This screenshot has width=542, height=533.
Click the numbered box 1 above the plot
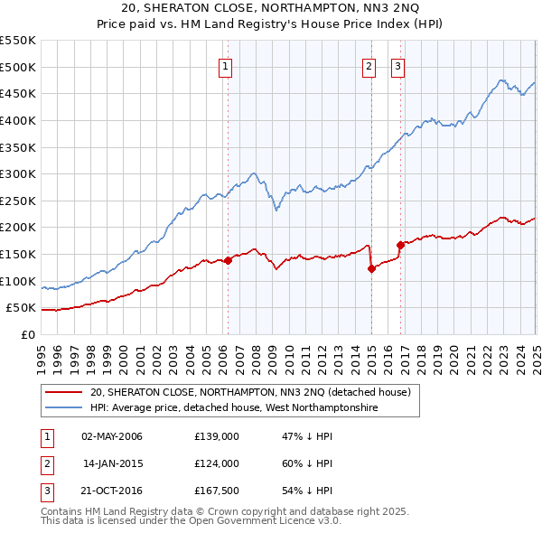click(224, 65)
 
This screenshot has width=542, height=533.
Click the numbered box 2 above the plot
click(369, 65)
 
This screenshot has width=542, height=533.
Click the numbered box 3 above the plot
click(397, 65)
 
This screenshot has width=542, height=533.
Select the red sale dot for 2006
click(228, 260)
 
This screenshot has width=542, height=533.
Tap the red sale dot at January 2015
click(371, 267)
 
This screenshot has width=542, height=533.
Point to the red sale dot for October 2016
click(400, 244)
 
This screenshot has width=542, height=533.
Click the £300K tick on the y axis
click(19, 173)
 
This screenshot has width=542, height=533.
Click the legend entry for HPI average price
click(234, 408)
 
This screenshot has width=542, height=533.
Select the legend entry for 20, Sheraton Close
click(250, 392)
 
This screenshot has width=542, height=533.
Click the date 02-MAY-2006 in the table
click(112, 436)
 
